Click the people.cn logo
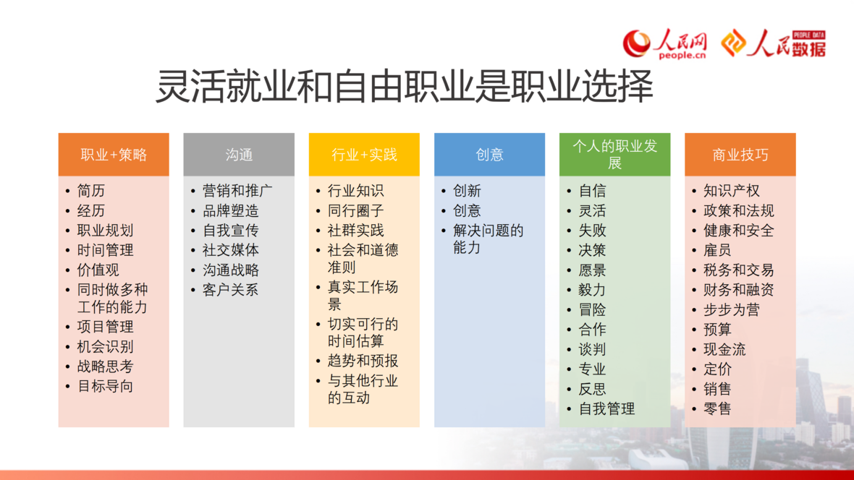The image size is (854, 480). coord(664,43)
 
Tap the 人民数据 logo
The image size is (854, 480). coord(774,43)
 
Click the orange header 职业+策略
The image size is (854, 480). coord(114,155)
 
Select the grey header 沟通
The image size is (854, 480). coord(239,155)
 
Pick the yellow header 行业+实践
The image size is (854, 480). coord(364,155)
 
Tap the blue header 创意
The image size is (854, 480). coord(490,155)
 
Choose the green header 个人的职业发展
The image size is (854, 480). coord(615,155)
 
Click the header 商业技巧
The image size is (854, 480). coord(740,155)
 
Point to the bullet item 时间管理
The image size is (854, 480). coord(105,250)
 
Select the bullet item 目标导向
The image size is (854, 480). coord(105,387)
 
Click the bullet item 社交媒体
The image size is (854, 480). coord(230,250)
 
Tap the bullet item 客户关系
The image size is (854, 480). coord(230,290)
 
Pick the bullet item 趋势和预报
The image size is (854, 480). coord(363,361)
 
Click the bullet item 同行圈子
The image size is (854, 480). coord(355,210)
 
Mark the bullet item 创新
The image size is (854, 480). coord(467,191)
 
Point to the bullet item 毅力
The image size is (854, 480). coord(592,290)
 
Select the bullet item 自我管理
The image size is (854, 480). coord(606,408)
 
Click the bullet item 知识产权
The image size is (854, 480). coord(732,191)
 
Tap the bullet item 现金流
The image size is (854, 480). coord(724,349)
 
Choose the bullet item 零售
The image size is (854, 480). coord(717,408)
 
